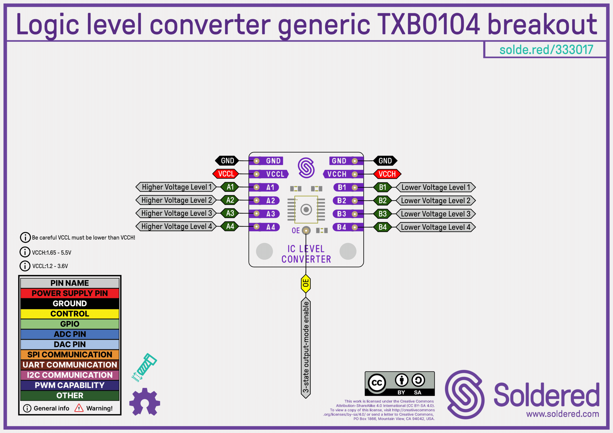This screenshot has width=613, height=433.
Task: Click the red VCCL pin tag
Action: pos(226,174)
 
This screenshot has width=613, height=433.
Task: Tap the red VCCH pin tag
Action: pos(387,174)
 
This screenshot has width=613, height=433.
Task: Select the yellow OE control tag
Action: pos(306,283)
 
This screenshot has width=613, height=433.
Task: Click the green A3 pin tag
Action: pos(230,213)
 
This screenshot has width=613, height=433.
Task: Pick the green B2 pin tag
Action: pos(383,201)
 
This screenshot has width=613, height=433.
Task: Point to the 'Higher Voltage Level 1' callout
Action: pos(176,187)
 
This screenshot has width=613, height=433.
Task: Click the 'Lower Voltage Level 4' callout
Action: pos(436,227)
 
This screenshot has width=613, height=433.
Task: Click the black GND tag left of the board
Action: pos(227,161)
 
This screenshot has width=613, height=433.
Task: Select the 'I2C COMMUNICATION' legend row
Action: pos(70,375)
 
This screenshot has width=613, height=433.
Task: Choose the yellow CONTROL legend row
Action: pos(70,314)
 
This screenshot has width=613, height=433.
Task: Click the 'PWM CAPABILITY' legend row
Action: pos(70,385)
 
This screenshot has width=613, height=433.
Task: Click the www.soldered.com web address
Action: pos(562,414)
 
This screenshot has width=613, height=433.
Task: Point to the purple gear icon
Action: pos(144,402)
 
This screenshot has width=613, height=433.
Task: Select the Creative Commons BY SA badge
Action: pos(399,384)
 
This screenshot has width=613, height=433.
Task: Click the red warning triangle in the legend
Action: pos(79,408)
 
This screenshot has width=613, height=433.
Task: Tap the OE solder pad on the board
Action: pos(306,231)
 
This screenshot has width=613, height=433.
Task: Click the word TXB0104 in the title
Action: pos(428,25)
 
